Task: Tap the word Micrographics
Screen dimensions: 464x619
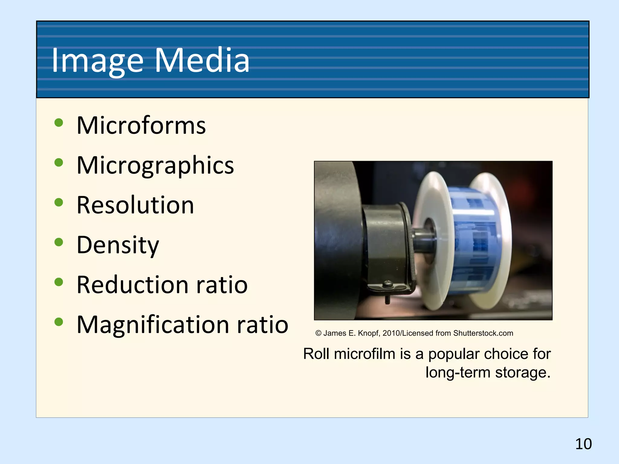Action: coord(155,165)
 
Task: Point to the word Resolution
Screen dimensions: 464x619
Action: coord(135,205)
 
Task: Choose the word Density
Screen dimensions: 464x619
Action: coord(118,245)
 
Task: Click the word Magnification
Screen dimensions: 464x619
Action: coord(153,325)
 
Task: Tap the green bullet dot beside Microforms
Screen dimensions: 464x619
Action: coord(59,123)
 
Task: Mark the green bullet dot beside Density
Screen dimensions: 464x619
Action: coord(59,242)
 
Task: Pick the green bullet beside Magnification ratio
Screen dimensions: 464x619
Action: coord(59,322)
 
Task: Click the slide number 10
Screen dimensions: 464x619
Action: coord(583,444)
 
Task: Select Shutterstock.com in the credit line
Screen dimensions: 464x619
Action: coord(483,333)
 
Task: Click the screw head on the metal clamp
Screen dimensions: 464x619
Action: coord(388,284)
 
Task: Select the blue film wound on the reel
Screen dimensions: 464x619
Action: coord(475,242)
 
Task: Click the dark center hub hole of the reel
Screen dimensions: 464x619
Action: coord(429,234)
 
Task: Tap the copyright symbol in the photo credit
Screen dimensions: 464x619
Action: coord(318,333)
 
